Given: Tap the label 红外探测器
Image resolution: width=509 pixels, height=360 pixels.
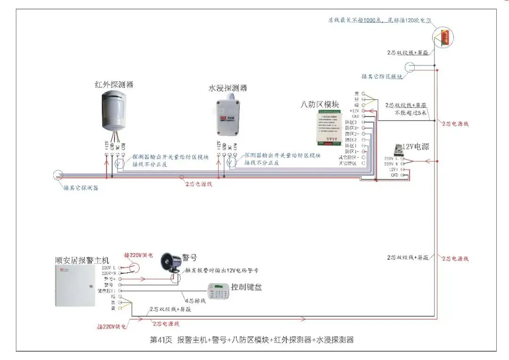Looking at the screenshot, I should tap(114, 85).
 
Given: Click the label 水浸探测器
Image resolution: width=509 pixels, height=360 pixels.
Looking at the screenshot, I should tap(228, 88).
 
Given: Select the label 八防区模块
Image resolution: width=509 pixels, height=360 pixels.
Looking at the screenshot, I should tap(320, 105).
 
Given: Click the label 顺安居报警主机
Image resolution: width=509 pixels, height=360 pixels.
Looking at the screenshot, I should tap(82, 260).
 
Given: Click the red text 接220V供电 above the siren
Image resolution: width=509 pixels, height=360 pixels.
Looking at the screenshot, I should tap(138, 255).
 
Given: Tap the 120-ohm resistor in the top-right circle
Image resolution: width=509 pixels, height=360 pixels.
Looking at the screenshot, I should tap(444, 37).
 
